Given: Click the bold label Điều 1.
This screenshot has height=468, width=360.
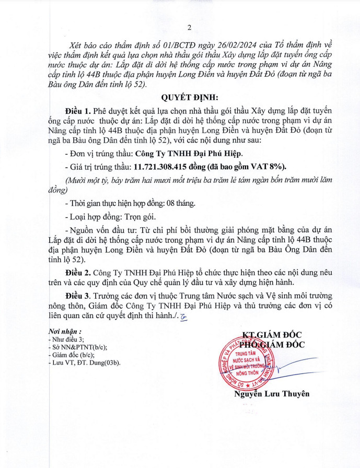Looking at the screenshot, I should point(78,111).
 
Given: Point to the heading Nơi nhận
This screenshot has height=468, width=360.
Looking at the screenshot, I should point(66,331).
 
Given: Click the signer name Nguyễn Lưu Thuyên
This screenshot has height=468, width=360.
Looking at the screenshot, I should point(272,394).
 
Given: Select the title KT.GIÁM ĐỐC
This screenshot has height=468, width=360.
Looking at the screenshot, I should point(272,335).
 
